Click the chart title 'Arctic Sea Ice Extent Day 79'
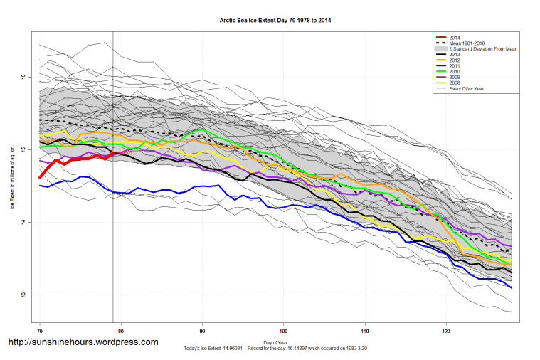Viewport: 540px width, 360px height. [x=275, y=21]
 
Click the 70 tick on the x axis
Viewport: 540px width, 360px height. [x=40, y=331]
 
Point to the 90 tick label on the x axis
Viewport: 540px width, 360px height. [x=203, y=331]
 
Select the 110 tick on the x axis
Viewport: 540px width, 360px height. [x=365, y=331]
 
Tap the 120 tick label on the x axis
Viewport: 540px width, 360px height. [x=446, y=331]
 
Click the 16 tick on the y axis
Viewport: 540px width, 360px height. [x=23, y=77]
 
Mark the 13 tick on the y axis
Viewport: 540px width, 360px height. [x=23, y=295]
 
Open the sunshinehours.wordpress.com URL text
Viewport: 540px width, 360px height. [x=83, y=342]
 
